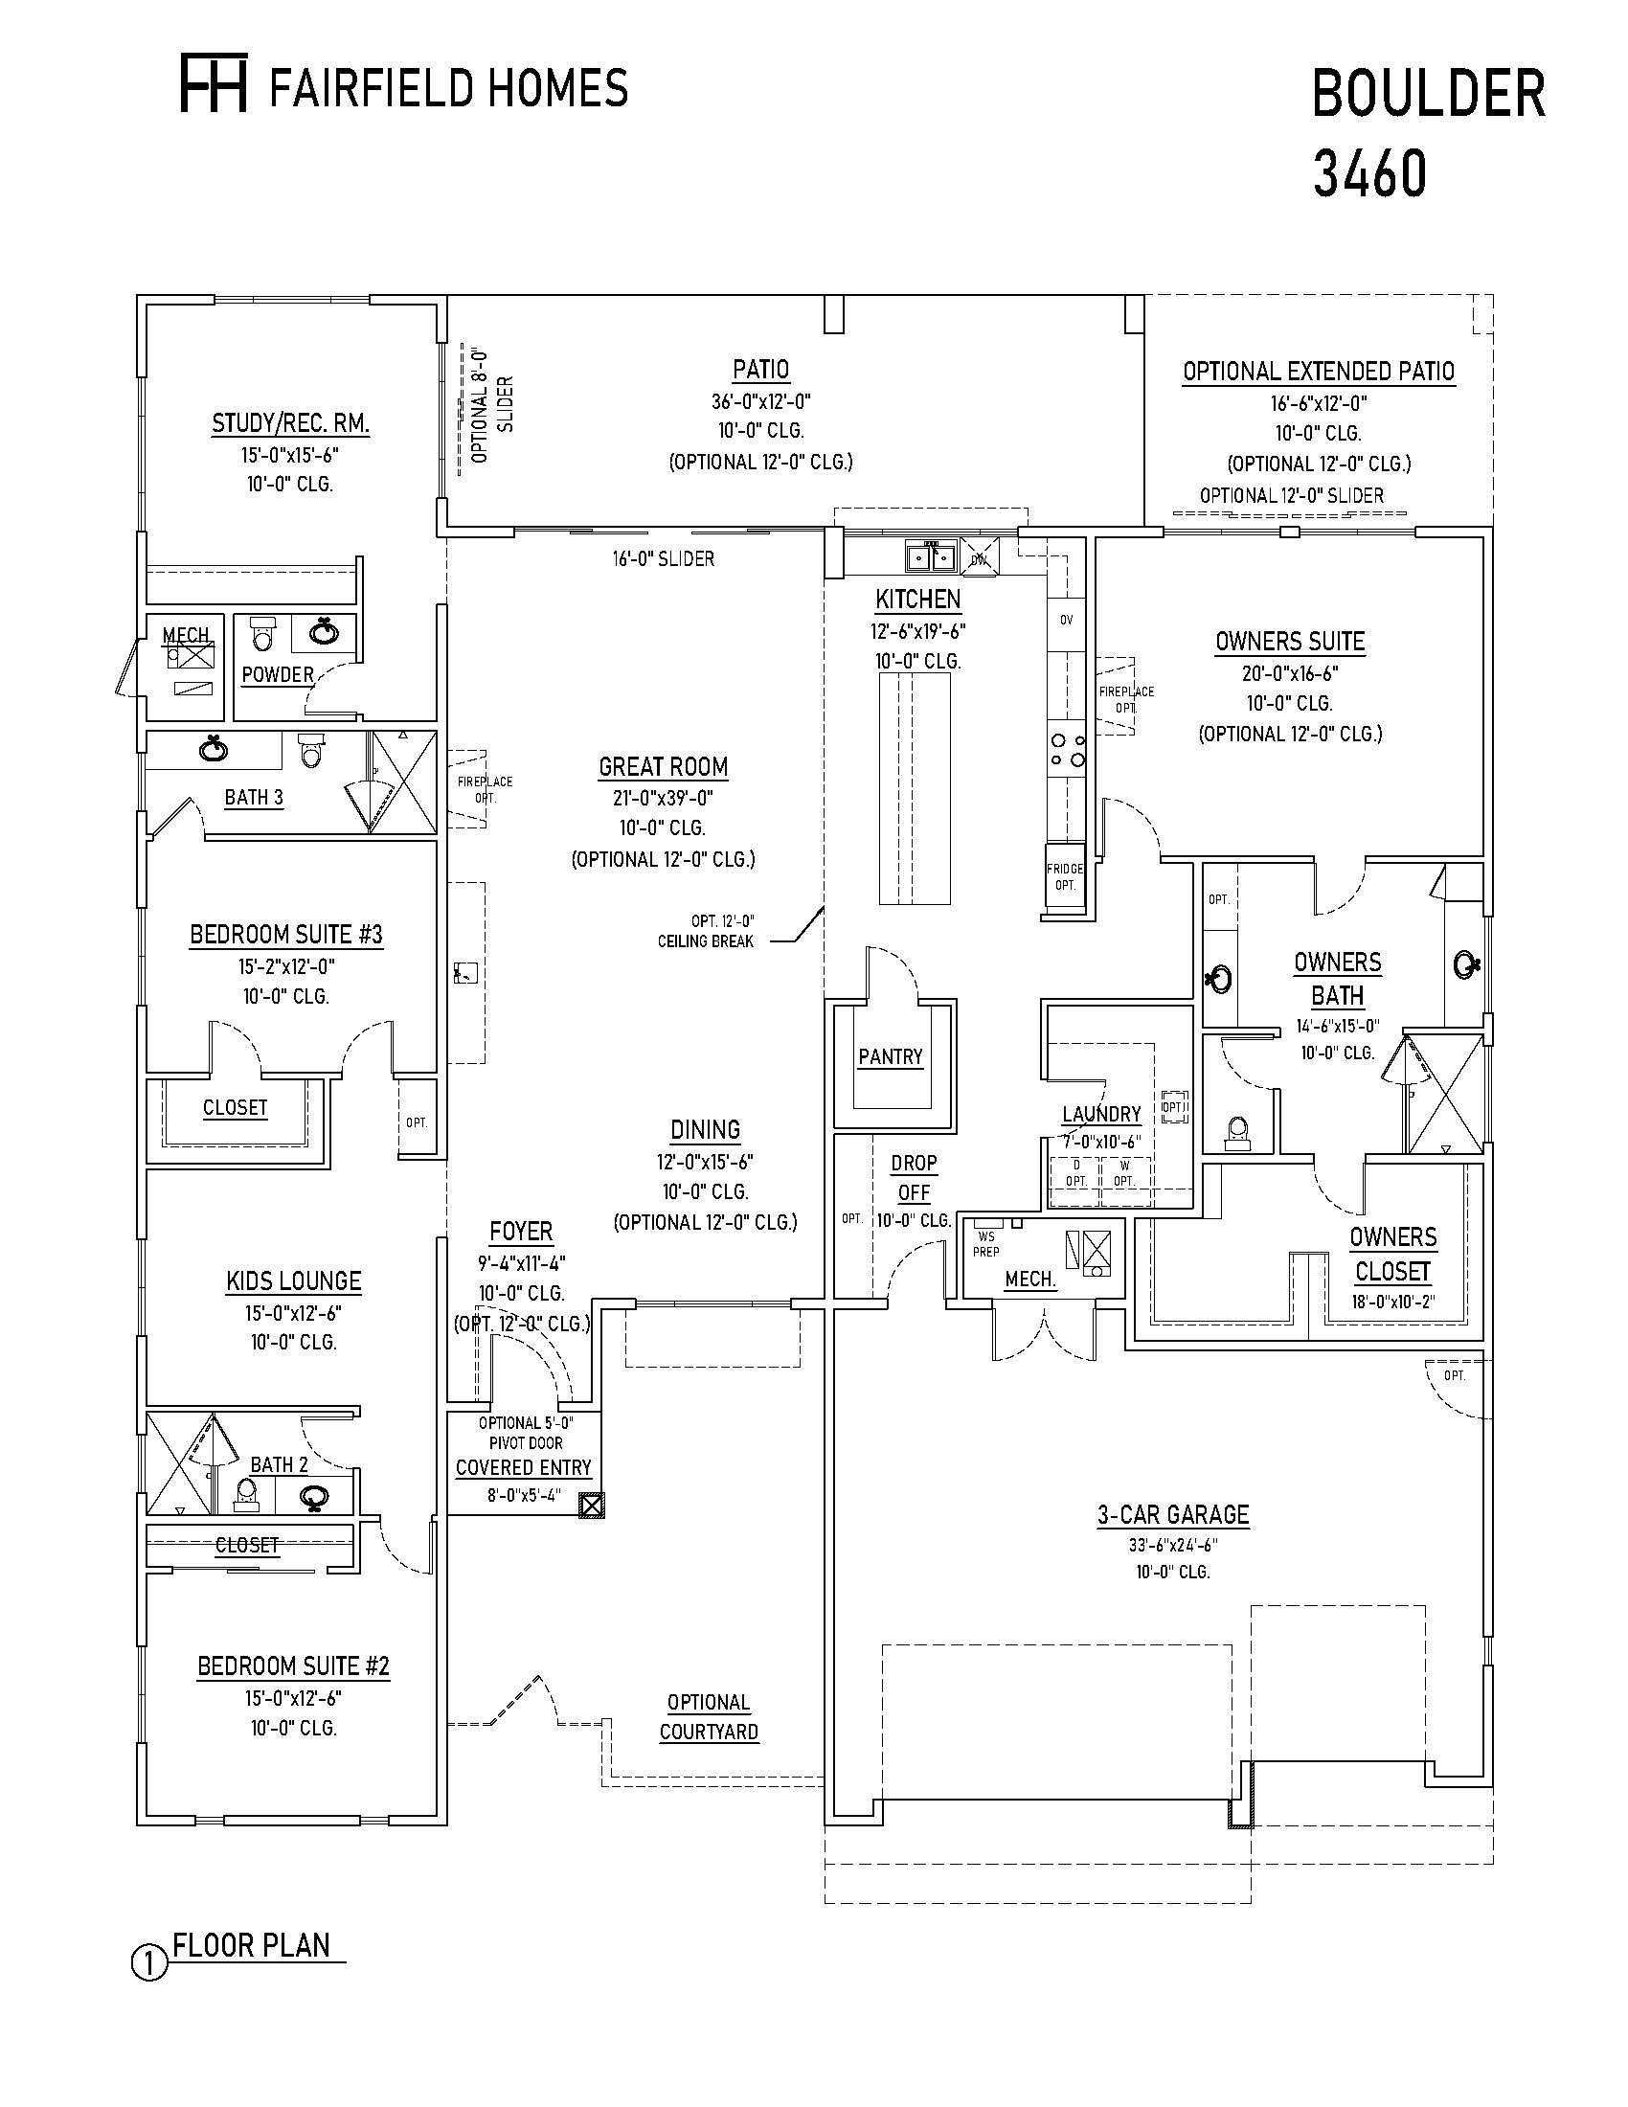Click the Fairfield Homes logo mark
click(215, 83)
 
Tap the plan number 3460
click(1369, 174)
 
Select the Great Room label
click(663, 767)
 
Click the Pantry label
click(891, 1056)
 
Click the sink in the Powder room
click(324, 633)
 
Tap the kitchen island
click(914, 787)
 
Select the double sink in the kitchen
click(931, 556)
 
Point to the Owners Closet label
click(1392, 1254)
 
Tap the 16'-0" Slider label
click(663, 558)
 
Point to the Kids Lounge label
click(293, 1281)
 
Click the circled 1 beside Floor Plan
click(149, 1965)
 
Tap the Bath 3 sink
click(214, 749)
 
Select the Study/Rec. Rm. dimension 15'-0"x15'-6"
click(290, 454)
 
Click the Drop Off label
click(914, 1177)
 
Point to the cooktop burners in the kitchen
click(1068, 750)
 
